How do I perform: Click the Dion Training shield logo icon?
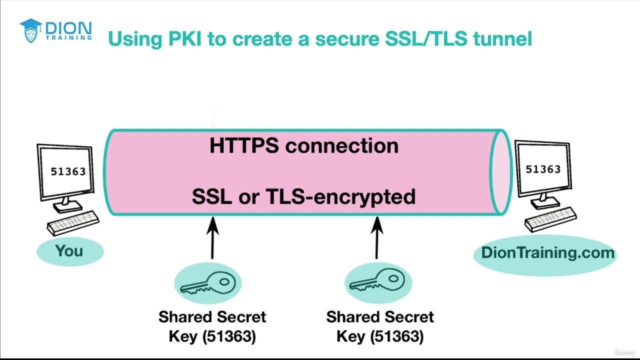click(30, 31)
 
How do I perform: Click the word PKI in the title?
click(182, 38)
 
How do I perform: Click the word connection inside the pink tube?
click(342, 145)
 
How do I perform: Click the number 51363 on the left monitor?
click(68, 171)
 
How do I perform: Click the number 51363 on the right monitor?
click(543, 169)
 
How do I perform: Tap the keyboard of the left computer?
click(73, 222)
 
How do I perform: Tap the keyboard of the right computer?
click(550, 219)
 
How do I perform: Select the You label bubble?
click(69, 250)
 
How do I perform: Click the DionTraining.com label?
click(547, 252)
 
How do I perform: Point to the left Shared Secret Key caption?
click(212, 326)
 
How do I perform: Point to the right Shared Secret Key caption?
click(380, 326)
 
